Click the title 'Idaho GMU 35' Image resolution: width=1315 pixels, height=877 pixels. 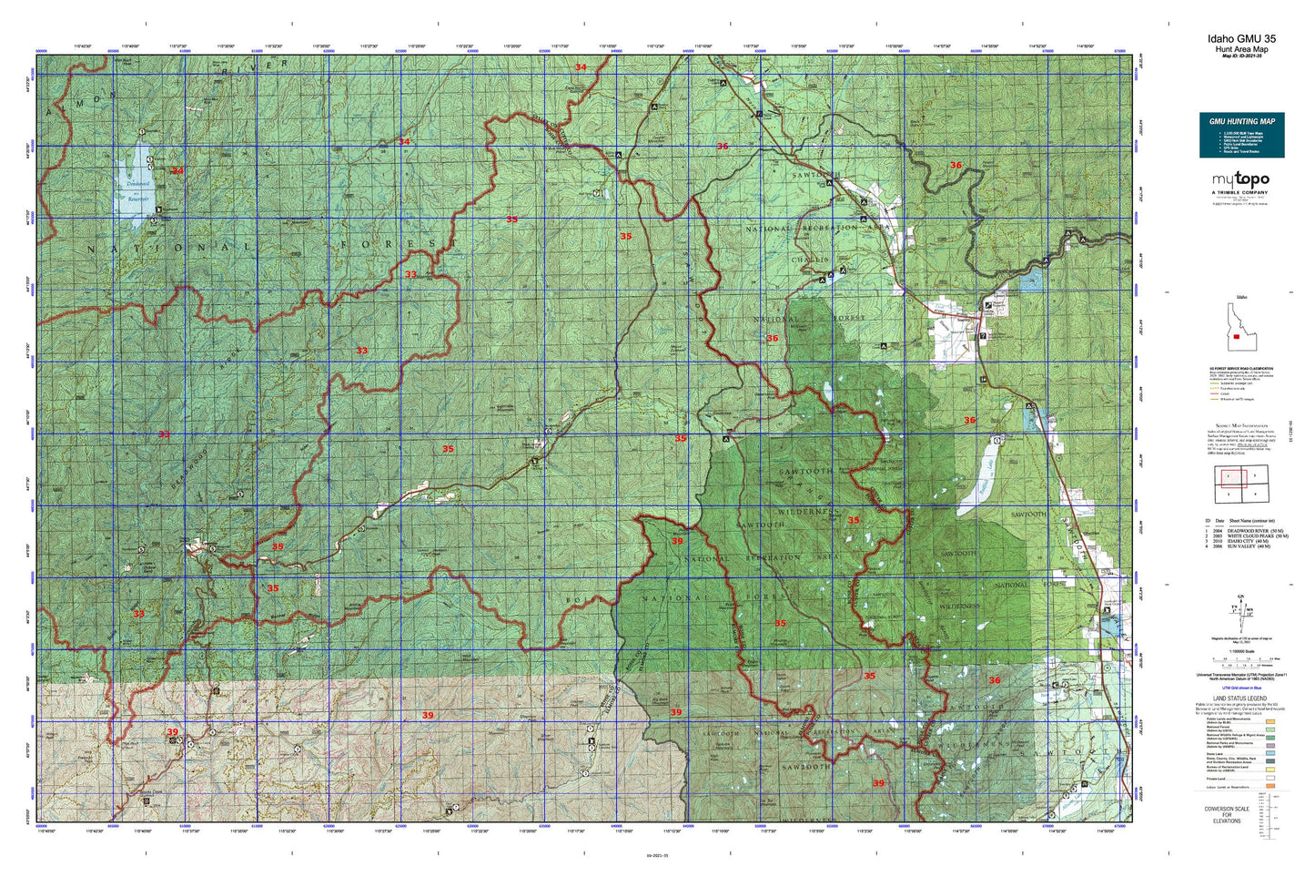(1241, 38)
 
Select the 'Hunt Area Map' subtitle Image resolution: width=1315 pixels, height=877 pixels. (1241, 49)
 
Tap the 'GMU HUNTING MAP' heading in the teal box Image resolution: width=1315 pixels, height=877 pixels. (1241, 121)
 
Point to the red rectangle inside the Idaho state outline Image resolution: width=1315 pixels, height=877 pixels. (1237, 336)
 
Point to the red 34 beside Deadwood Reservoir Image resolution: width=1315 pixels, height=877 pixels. (177, 170)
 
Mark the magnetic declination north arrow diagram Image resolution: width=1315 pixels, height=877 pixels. (1240, 611)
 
